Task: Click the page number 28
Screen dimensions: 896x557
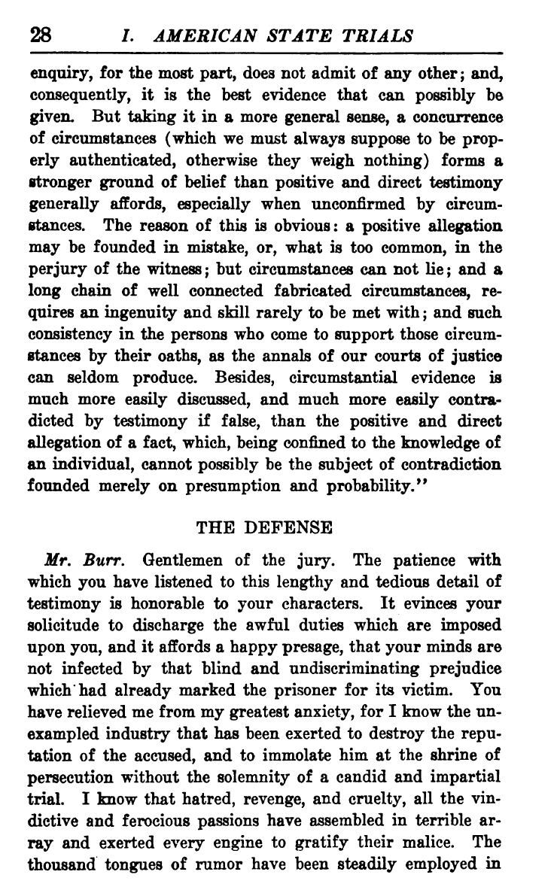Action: pyautogui.click(x=40, y=35)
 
